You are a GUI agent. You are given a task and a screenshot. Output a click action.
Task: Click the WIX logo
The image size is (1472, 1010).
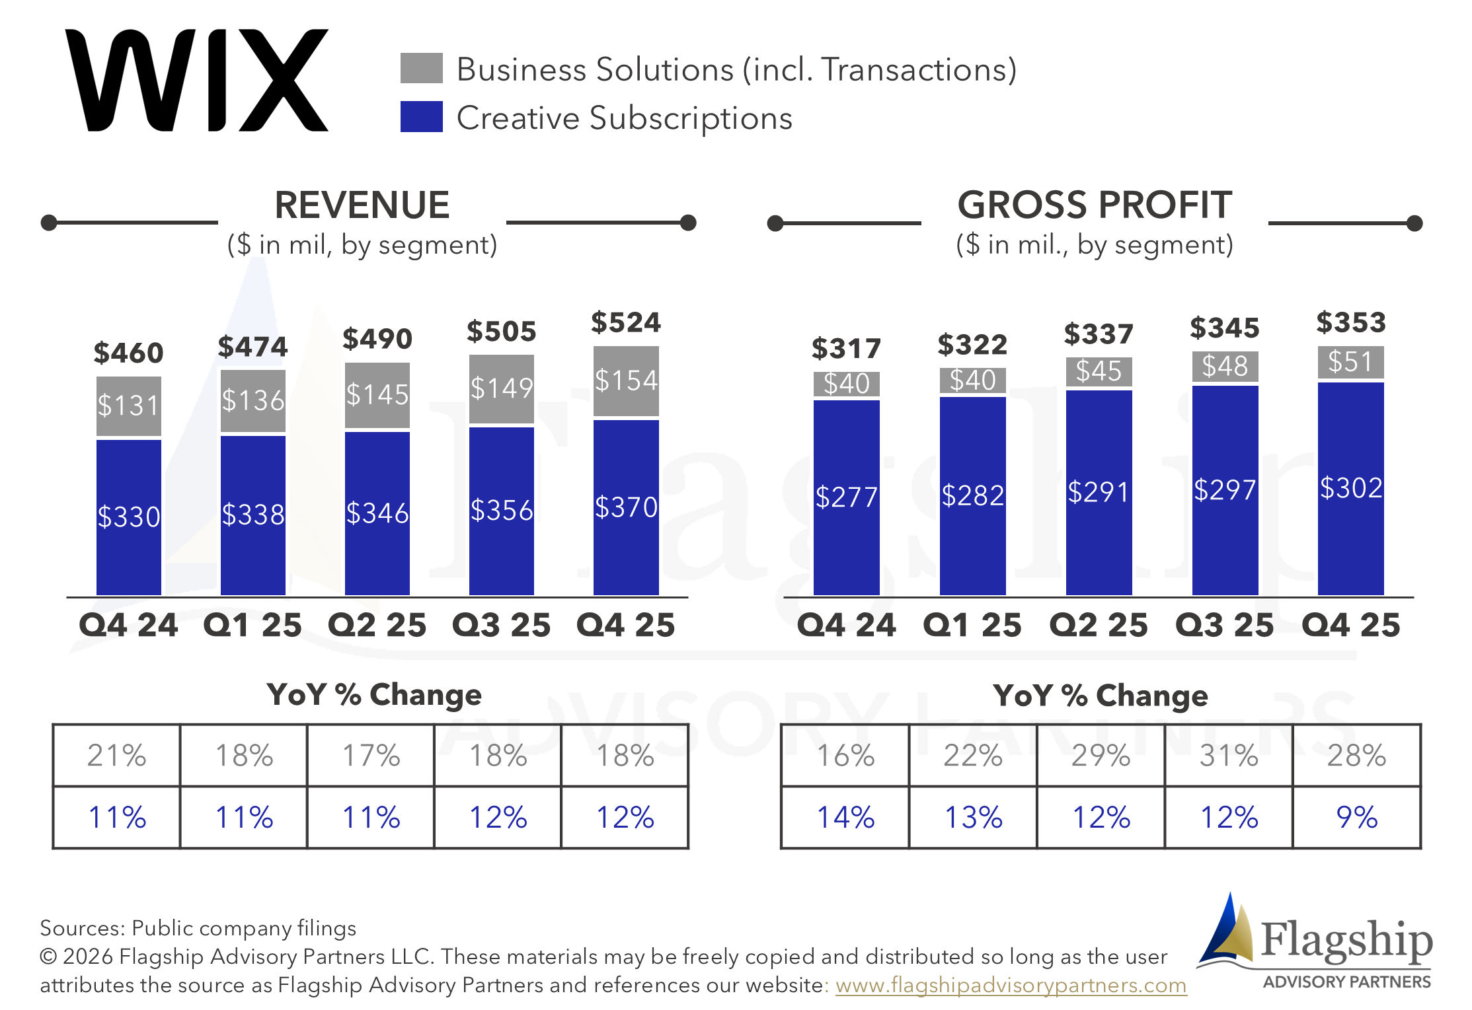196,80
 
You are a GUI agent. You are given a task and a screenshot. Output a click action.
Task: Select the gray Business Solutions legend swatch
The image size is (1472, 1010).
421,68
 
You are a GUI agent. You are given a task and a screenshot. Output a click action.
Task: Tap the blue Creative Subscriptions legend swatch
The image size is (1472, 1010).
421,116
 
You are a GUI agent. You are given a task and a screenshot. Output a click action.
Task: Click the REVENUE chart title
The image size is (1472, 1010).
362,204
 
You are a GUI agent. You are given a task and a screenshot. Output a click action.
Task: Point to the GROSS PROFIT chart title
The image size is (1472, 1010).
1095,204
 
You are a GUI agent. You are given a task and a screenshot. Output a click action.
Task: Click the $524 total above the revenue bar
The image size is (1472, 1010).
626,322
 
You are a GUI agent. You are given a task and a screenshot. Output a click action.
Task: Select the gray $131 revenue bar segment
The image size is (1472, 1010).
129,406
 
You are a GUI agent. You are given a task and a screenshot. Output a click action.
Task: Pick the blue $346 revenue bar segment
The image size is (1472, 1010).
377,513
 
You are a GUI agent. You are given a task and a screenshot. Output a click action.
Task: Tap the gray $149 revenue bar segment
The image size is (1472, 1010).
502,389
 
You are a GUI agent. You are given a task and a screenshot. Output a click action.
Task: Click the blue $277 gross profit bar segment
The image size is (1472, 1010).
847,497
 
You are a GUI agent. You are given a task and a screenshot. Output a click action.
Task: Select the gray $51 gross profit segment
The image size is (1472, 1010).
1351,362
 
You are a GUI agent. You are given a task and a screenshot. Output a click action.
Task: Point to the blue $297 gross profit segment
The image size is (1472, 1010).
1225,490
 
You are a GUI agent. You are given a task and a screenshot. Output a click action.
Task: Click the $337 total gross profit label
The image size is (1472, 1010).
1099,334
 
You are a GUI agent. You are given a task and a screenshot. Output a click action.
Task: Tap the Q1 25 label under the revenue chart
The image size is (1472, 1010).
252,625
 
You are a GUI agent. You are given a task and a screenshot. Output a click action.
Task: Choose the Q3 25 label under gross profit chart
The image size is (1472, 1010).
1225,625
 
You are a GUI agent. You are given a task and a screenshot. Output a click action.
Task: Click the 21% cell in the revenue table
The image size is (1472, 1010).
116,755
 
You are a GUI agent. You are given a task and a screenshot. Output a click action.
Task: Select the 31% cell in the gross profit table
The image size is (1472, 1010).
1229,755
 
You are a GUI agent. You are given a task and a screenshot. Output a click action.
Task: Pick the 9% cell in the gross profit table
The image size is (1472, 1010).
1357,817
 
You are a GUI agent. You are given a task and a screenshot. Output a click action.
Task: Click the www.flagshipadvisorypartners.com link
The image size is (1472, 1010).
1011,985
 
